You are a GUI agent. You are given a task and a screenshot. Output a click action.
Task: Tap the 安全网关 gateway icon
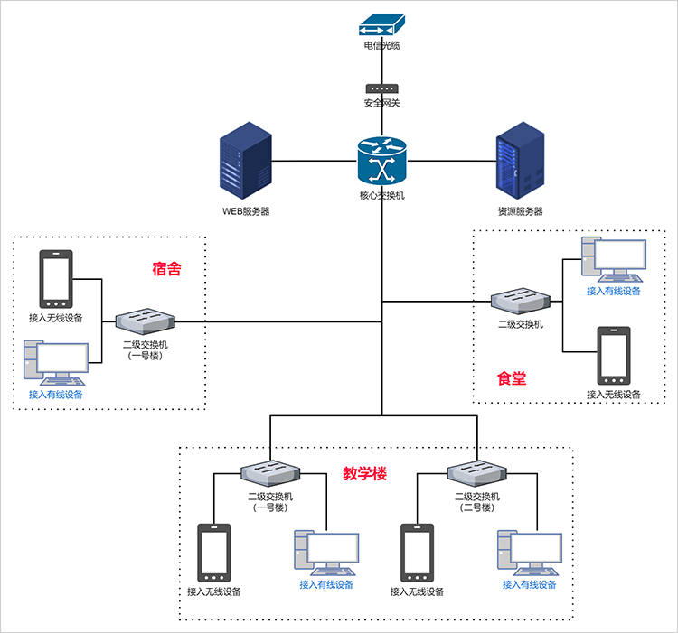(x=381, y=88)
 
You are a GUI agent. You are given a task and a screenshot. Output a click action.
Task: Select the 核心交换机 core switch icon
(x=381, y=162)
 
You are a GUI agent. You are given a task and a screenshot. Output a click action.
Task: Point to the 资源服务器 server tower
(x=520, y=164)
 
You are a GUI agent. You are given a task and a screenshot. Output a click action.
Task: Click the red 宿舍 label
(x=167, y=268)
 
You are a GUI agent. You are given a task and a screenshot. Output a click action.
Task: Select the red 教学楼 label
(x=364, y=473)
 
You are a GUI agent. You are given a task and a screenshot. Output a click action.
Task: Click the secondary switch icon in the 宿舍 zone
(x=146, y=321)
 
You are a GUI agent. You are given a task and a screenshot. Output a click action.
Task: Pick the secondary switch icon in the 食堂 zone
(x=520, y=303)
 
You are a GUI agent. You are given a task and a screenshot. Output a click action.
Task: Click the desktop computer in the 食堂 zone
(x=614, y=259)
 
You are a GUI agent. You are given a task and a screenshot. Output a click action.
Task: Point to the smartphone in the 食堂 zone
(x=614, y=356)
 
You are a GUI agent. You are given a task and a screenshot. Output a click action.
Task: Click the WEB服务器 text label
(x=246, y=212)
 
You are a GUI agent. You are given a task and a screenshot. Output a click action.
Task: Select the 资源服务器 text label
(x=520, y=212)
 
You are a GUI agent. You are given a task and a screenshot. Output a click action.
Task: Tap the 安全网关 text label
(x=381, y=103)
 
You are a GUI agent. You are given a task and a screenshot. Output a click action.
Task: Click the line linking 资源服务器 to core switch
(x=452, y=162)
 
